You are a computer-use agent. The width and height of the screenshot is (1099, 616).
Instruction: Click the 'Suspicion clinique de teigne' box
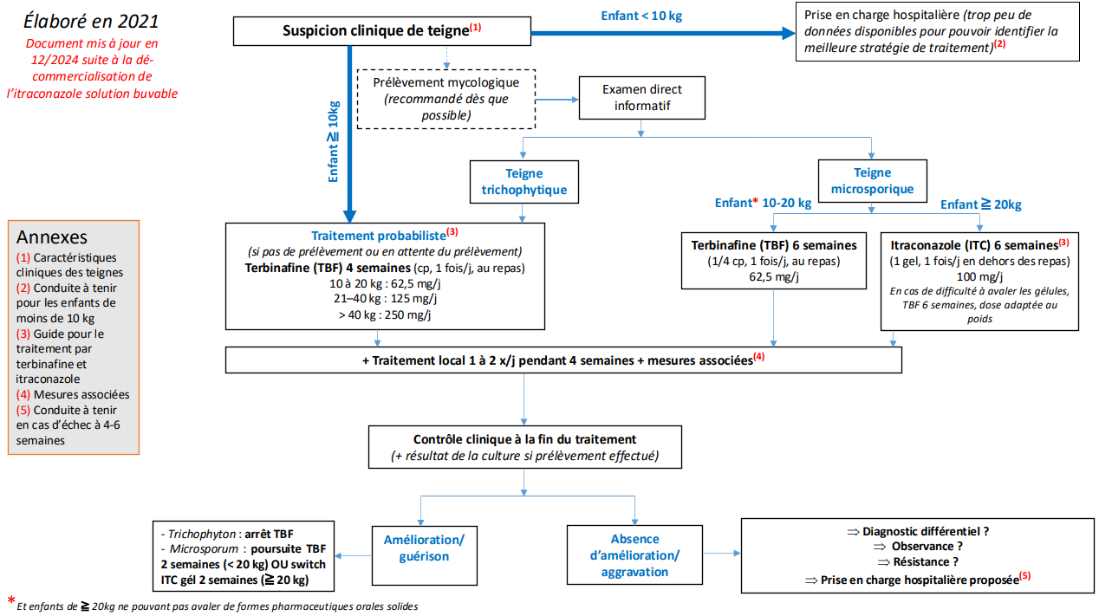[x=381, y=31]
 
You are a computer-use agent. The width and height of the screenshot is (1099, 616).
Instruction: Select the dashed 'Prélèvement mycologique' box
[x=446, y=99]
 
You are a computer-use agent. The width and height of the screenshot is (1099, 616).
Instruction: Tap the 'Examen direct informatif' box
[x=641, y=98]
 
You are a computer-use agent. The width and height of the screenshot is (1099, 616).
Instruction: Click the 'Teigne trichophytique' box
[x=524, y=182]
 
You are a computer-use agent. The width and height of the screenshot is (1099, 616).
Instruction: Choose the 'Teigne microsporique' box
[x=872, y=181]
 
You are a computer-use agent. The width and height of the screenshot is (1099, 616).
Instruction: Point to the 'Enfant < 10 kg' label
[x=641, y=16]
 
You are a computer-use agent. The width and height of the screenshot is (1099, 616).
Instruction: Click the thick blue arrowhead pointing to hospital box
[x=789, y=33]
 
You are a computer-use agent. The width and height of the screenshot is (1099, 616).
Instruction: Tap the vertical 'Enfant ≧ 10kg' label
[x=333, y=142]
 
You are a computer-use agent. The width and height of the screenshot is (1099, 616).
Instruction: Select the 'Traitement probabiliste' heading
[x=385, y=235]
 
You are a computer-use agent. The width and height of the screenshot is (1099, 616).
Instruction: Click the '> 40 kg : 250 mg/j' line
[x=385, y=314]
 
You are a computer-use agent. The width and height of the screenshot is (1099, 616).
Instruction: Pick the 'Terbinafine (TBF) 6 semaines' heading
[x=774, y=245]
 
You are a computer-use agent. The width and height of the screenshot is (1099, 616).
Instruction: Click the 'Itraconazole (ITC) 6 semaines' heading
[x=979, y=244]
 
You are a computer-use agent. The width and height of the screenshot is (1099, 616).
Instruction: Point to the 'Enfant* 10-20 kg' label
[x=763, y=203]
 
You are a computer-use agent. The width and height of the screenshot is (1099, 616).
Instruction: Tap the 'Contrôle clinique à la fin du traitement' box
[x=525, y=447]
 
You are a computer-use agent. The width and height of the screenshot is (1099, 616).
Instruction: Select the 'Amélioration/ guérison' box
[x=425, y=555]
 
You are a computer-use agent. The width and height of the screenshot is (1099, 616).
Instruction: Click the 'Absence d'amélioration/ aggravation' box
[x=634, y=555]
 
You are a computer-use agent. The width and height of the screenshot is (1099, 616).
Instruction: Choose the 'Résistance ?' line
[x=918, y=562]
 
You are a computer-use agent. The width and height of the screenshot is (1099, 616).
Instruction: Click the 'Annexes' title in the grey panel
[x=51, y=237]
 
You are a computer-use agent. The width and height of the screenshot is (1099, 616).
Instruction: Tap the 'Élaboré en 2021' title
[x=91, y=21]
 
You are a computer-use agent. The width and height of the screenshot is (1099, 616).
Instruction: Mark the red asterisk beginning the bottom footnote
[x=11, y=600]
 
